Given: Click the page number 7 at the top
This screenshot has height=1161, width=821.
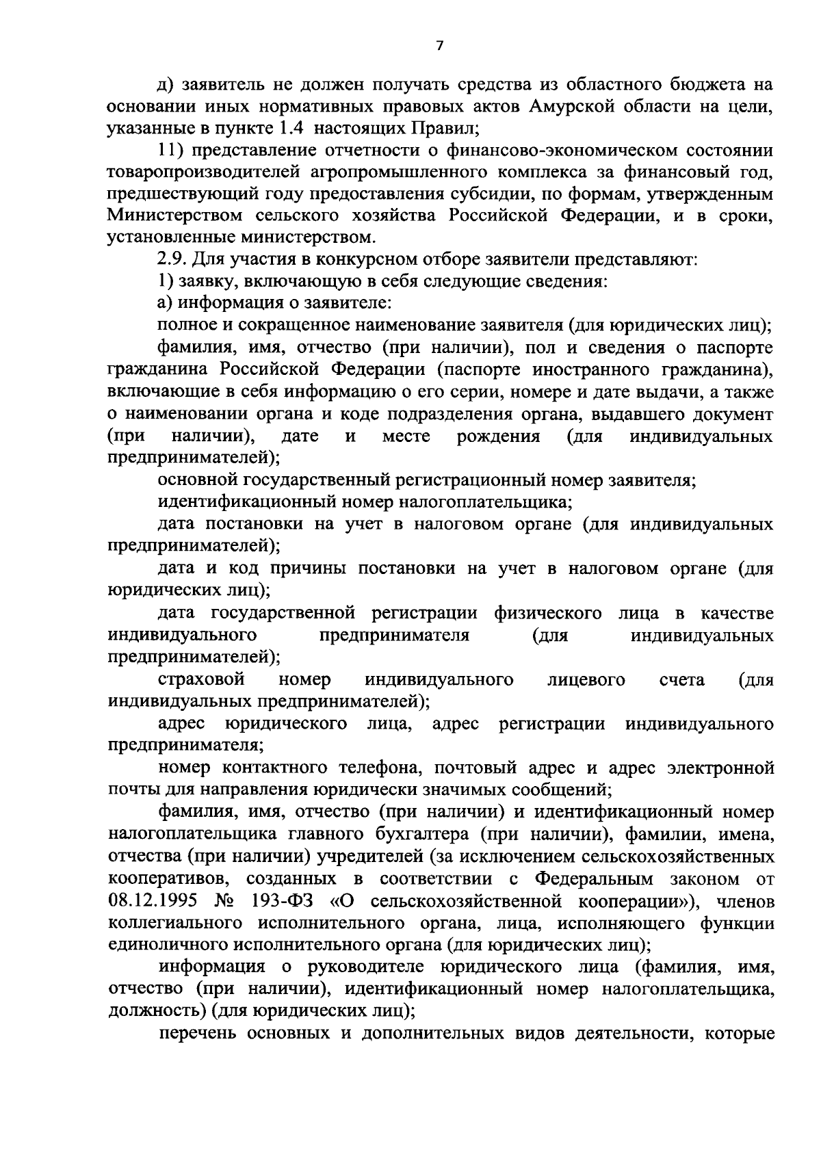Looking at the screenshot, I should (x=440, y=46).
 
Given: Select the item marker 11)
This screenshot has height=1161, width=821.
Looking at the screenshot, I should (x=169, y=150).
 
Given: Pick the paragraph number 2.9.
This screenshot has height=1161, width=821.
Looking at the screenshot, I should (x=171, y=260).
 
